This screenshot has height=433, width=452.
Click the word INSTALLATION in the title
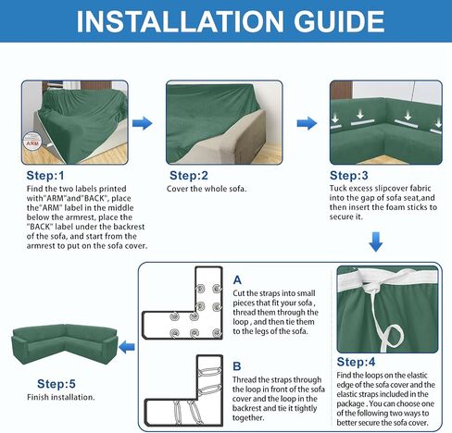180,21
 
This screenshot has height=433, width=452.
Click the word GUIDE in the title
339,21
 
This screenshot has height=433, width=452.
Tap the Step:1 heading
45,176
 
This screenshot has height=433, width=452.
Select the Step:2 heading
189,176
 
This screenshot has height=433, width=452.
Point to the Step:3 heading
349,176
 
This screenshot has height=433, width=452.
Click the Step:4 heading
356,362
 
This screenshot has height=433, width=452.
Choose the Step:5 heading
56,384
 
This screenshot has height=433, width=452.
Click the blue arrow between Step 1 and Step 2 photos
143,123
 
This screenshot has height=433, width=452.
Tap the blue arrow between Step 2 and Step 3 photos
307,123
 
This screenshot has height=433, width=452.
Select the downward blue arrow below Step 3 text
376,241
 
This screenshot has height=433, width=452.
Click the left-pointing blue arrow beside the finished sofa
127,347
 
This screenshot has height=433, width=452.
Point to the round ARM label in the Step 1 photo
32,142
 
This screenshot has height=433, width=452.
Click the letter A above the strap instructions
237,279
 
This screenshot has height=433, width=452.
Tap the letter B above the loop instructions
237,366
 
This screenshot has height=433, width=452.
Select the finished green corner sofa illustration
65,344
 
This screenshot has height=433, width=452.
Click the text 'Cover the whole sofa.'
207,189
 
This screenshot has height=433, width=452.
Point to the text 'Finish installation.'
61,397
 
